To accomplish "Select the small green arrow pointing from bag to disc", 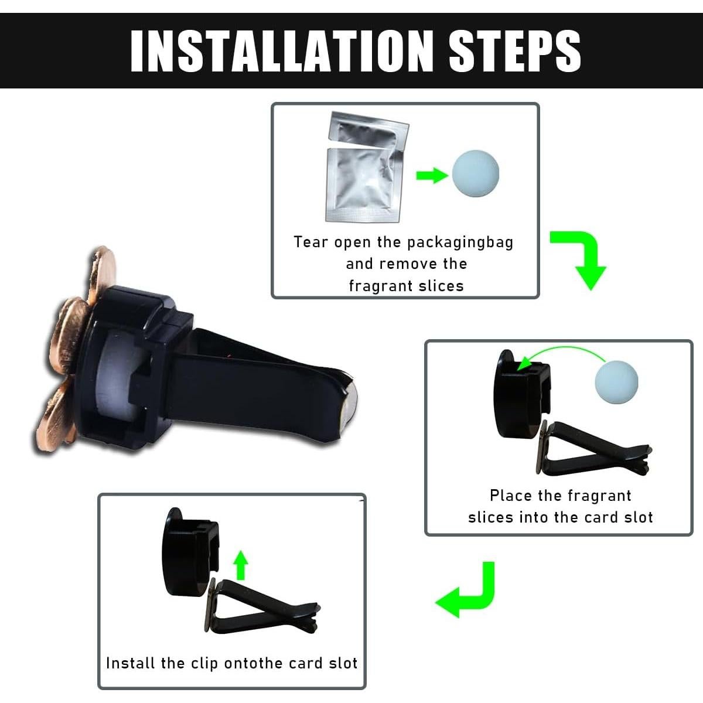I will tap(432, 175).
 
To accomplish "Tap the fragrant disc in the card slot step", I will tap(616, 381).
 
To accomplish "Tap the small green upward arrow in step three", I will tap(241, 565).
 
